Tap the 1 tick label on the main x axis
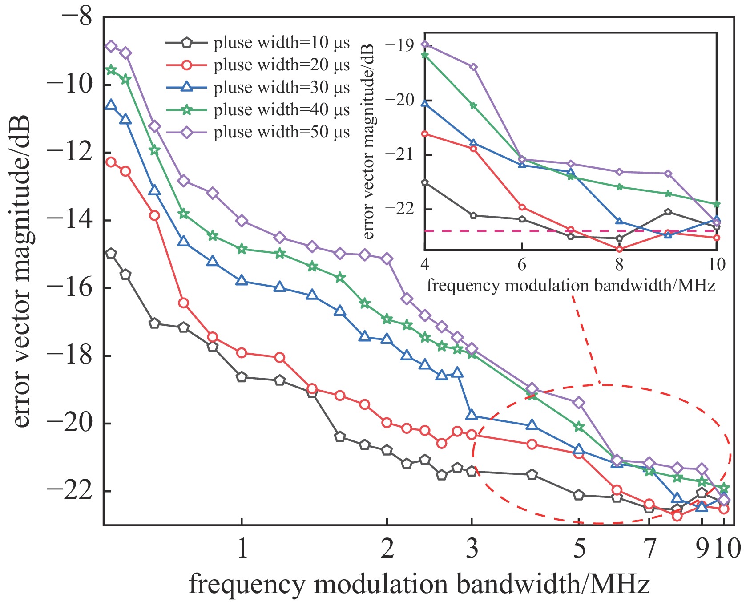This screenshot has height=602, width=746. coord(242,548)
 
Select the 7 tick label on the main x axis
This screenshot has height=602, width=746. coord(649,548)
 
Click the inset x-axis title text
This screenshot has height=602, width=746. coord(571,285)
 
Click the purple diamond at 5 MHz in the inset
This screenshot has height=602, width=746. coord(473,67)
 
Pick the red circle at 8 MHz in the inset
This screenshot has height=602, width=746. coord(619,249)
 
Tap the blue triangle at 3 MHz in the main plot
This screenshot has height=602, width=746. coord(472,416)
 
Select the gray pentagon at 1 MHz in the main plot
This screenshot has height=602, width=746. coord(242,377)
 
